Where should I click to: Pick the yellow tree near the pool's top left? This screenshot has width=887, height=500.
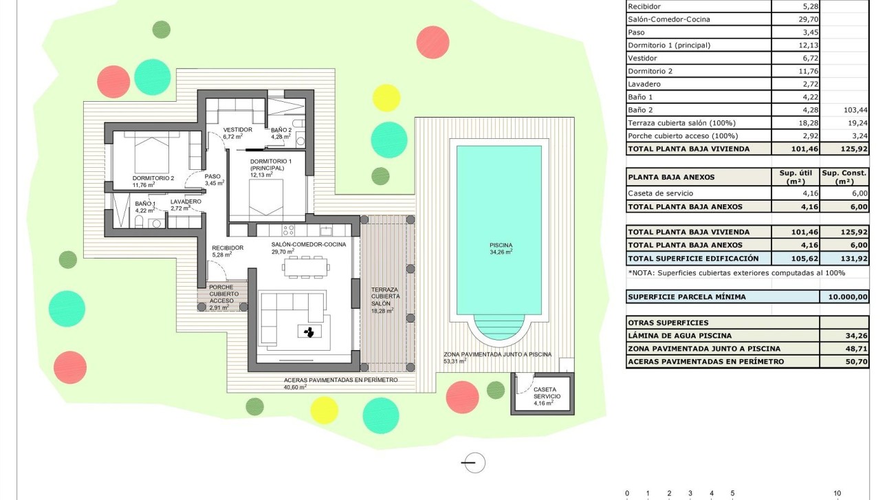(x=386, y=98)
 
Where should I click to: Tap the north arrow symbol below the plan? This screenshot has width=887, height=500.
(x=474, y=463)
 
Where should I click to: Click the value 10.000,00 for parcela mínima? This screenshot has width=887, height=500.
(x=844, y=297)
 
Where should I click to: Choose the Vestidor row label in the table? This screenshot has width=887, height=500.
(x=642, y=58)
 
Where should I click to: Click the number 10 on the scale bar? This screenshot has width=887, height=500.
(x=837, y=493)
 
